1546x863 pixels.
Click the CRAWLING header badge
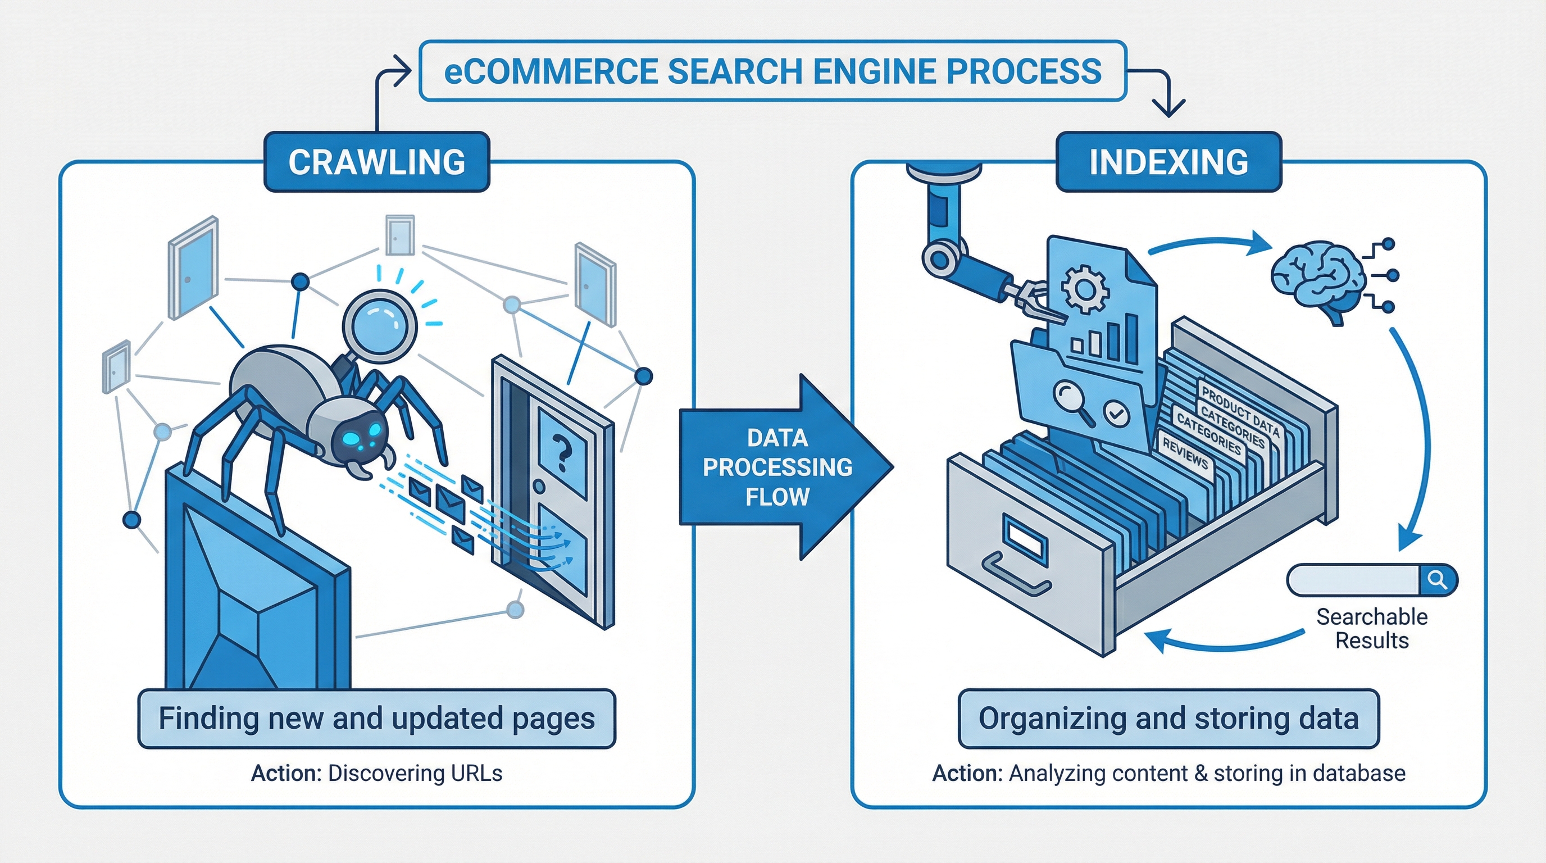click(377, 162)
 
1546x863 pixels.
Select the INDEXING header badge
click(1168, 162)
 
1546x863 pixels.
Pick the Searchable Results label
click(1372, 628)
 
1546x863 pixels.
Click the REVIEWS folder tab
click(1185, 452)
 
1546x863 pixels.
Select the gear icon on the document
click(1085, 289)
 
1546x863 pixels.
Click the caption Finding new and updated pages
click(377, 719)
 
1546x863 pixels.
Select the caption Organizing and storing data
click(1168, 719)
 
